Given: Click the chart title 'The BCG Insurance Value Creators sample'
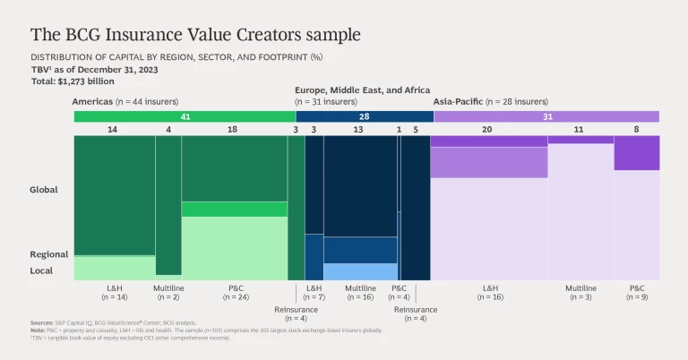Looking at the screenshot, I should [195, 34].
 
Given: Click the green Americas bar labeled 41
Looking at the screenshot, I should [185, 116].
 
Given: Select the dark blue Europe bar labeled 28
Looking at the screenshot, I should [365, 116].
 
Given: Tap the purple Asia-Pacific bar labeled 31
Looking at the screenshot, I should [546, 116].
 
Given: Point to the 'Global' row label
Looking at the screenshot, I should [43, 190].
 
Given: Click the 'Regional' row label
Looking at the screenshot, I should [48, 254].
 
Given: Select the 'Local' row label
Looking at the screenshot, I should [42, 270].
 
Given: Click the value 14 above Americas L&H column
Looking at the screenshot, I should [112, 130].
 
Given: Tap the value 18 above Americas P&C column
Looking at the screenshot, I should [233, 130].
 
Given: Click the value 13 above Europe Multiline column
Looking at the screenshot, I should [359, 130].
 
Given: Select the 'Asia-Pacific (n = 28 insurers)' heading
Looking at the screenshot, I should [492, 102].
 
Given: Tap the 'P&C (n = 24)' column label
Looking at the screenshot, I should [236, 293].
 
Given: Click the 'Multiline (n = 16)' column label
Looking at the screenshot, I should [359, 293].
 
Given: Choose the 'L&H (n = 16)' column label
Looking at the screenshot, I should [490, 293].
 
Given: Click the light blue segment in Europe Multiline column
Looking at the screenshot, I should [360, 271].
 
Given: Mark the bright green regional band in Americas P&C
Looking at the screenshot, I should [234, 209].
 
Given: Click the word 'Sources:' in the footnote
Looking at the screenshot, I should [42, 322].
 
